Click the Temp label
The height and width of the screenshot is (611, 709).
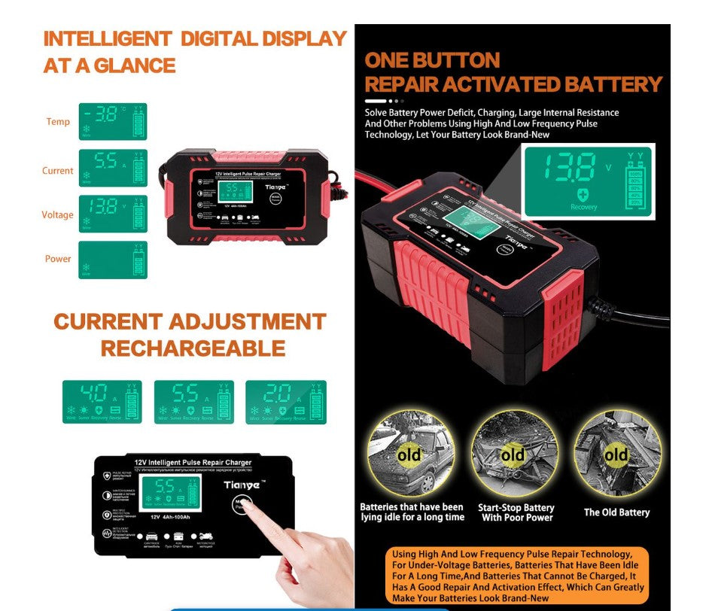(58, 122)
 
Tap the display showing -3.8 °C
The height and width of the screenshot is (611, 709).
(113, 122)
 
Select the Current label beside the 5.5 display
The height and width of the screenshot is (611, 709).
(57, 171)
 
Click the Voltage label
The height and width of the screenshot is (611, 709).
(57, 215)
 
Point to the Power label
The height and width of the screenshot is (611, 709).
(58, 259)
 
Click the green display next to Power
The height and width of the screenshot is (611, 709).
(113, 260)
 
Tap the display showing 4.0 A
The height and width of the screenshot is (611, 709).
(102, 402)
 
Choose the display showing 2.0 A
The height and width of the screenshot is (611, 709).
(285, 402)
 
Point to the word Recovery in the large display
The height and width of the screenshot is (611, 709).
(583, 207)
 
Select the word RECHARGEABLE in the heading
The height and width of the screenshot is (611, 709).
(193, 348)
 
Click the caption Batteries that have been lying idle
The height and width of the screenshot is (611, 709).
(412, 512)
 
